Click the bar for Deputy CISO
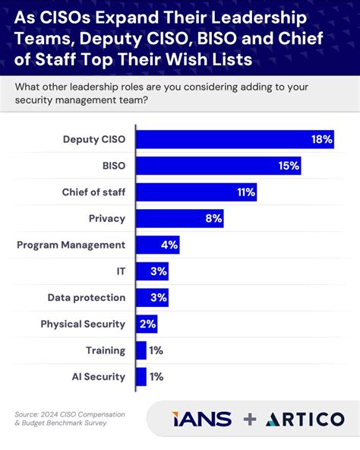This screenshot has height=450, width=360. (235, 139)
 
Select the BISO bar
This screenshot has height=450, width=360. (219, 166)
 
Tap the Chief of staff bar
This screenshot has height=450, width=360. (196, 192)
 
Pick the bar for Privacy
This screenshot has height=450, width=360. (179, 219)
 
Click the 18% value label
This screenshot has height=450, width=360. (321, 139)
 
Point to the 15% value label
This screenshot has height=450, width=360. (289, 166)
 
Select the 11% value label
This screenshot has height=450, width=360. (245, 192)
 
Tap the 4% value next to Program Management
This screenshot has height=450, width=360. (169, 245)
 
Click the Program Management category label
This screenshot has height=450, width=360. (71, 245)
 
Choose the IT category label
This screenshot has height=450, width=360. (119, 271)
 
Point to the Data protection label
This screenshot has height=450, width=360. (86, 297)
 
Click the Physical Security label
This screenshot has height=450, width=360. (83, 324)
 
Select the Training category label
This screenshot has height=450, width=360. (105, 350)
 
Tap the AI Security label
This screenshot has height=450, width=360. (98, 376)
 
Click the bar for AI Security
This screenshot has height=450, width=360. (141, 376)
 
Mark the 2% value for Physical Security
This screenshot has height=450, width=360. (147, 324)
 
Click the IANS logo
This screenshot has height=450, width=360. (201, 420)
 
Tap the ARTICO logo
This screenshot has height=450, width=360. (304, 420)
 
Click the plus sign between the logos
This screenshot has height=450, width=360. (250, 420)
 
